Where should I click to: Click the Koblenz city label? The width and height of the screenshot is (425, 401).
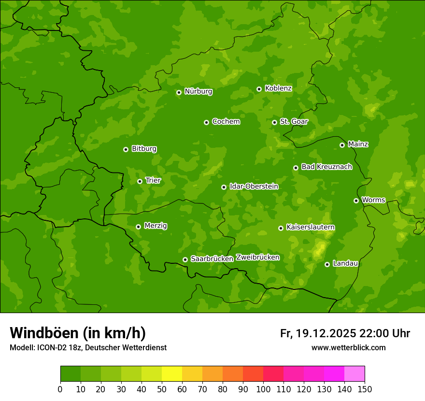[x=278, y=88]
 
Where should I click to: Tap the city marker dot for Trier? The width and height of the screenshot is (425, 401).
[x=140, y=181]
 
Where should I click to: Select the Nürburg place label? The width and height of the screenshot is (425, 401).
[x=198, y=91]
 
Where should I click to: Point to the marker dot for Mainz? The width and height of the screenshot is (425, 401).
[x=342, y=145]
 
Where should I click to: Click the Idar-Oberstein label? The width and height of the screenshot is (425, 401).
[x=254, y=186]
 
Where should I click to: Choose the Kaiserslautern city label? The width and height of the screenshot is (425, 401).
[x=311, y=227]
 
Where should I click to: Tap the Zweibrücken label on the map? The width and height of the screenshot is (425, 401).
[x=257, y=258]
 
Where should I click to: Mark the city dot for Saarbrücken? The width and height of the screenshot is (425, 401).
[x=185, y=259]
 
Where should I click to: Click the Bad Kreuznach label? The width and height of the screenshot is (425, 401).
[x=326, y=167]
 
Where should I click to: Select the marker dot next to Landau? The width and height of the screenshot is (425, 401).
[x=327, y=264]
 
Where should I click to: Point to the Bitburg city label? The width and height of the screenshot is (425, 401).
[x=144, y=149]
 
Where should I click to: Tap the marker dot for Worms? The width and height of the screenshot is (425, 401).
[x=356, y=200]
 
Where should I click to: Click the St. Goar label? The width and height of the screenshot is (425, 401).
[x=294, y=122]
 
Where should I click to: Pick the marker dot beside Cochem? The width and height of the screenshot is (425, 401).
[x=206, y=122]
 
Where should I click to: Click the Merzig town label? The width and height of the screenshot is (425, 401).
[x=156, y=226]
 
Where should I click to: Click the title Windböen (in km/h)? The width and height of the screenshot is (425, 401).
[x=78, y=333]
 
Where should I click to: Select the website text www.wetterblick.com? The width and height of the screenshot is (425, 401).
[x=348, y=347]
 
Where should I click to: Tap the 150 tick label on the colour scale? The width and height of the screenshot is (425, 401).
[x=365, y=389]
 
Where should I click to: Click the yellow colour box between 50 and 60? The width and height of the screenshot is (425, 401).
[x=172, y=373]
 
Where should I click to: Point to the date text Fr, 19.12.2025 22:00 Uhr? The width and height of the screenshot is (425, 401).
[x=345, y=333]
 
